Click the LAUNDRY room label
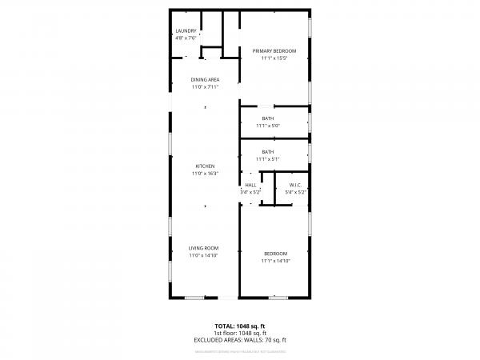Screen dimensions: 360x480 pos(186,31)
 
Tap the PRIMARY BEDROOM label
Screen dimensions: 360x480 pos(274,51)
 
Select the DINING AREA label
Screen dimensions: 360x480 pos(205,80)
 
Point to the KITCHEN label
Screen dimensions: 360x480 pos(205,166)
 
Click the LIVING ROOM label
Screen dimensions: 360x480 pos(205,248)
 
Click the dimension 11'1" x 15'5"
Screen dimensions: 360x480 pos(274,58)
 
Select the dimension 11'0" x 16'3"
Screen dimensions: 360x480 pos(205,174)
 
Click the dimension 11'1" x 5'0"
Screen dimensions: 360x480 pos(267,126)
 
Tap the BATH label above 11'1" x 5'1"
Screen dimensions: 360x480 pos(267,152)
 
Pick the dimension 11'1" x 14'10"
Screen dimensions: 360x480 pos(275,261)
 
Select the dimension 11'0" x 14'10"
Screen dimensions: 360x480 pos(205,255)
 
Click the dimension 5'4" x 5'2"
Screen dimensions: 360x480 pos(295,193)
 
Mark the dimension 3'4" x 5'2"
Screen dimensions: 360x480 pos(250,193)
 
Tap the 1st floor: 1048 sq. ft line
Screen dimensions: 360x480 pos(240,334)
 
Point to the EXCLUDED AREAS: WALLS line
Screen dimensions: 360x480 pos(240,340)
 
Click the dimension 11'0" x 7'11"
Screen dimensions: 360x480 pos(205,87)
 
